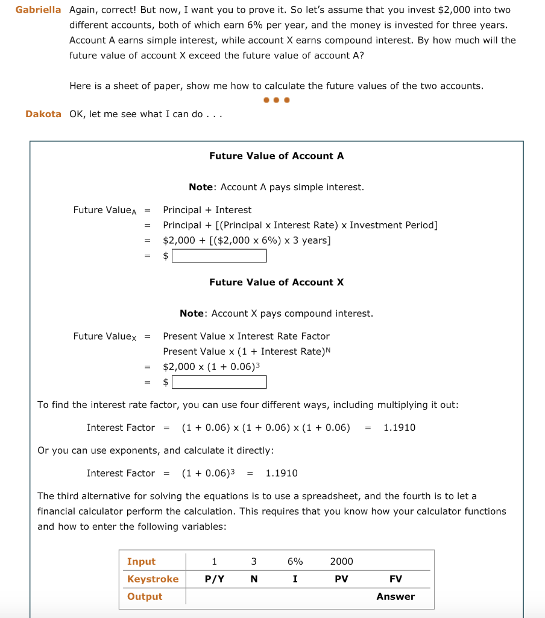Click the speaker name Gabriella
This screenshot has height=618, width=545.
(x=39, y=10)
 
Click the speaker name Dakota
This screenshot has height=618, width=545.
(x=43, y=114)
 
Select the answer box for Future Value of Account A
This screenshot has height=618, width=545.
(x=219, y=256)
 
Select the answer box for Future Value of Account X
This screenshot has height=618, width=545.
(x=219, y=382)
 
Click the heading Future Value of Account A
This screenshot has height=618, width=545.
(x=276, y=156)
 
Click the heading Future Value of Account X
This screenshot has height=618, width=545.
(x=276, y=282)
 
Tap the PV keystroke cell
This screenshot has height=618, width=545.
(x=341, y=579)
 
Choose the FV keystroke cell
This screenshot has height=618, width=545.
(x=395, y=579)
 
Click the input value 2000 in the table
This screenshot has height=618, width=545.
(x=341, y=561)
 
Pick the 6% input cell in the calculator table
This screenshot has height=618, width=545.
(x=295, y=561)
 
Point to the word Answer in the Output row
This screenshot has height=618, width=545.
(x=395, y=596)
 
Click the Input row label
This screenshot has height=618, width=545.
(x=141, y=561)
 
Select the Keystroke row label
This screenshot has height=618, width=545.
(x=153, y=579)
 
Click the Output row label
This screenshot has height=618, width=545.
(x=145, y=596)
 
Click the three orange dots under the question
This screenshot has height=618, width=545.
(x=276, y=100)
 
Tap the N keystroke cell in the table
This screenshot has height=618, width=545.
(x=254, y=579)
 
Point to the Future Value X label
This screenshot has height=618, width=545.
(x=105, y=336)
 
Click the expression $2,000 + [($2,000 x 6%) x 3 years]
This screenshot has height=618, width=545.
(x=247, y=240)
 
